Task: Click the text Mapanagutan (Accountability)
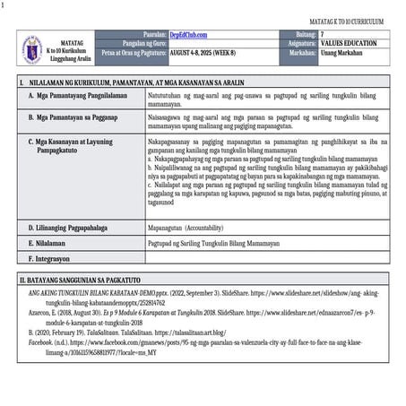190,227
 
